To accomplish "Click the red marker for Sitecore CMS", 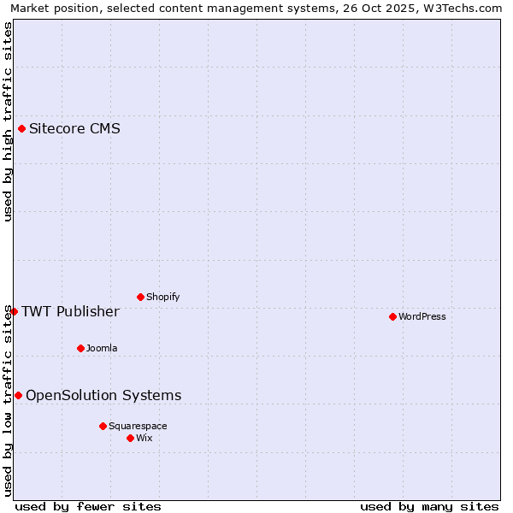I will [x=21, y=129].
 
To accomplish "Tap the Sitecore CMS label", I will [x=74, y=129].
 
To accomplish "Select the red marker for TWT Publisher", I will [x=14, y=311].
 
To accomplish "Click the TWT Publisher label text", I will [x=70, y=311].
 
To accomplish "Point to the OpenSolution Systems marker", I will [x=18, y=395].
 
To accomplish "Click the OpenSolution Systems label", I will [x=103, y=395].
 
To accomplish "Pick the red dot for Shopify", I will [x=140, y=297].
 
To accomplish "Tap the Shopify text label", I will [x=162, y=297].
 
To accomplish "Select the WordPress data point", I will [x=392, y=316].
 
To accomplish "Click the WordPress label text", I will [x=422, y=316].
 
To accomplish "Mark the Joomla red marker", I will [x=80, y=348].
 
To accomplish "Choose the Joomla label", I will [x=102, y=348].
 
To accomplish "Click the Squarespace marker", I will [x=103, y=426].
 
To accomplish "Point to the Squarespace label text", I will [x=138, y=426].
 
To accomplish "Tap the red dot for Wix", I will [x=130, y=438].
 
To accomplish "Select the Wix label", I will [x=144, y=438].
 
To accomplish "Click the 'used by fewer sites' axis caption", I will [x=88, y=506].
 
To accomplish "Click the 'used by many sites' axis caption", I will [x=429, y=506].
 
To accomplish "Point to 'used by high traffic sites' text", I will [x=8, y=121].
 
